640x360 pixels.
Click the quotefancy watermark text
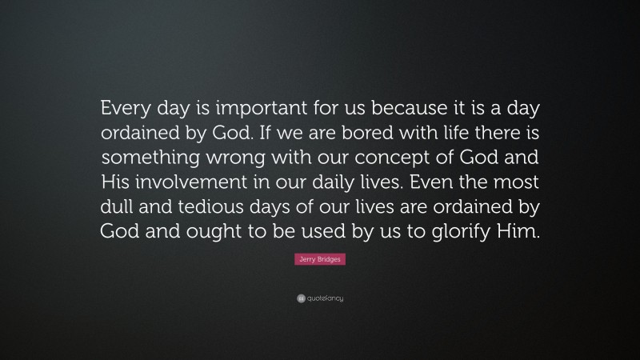[325, 298]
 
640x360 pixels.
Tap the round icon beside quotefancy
[300, 298]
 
